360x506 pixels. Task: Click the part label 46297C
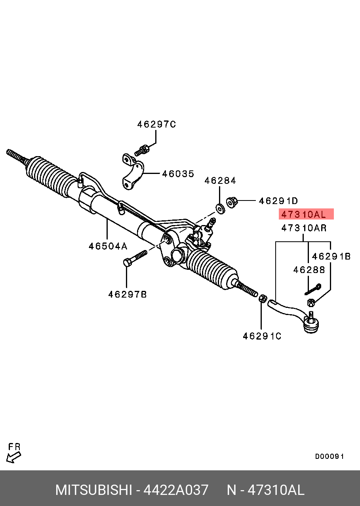click(156, 124)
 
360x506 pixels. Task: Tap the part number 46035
click(178, 174)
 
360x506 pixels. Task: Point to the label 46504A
click(108, 246)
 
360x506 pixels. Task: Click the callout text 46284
click(220, 181)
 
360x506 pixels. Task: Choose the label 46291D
click(278, 200)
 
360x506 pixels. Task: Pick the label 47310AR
click(304, 228)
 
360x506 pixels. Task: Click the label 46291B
click(331, 256)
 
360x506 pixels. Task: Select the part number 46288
click(309, 270)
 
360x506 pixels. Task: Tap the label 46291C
click(262, 336)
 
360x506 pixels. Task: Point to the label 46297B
click(128, 294)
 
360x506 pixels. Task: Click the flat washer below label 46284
click(220, 208)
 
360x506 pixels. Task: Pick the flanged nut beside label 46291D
click(232, 202)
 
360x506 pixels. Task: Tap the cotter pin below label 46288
click(313, 289)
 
